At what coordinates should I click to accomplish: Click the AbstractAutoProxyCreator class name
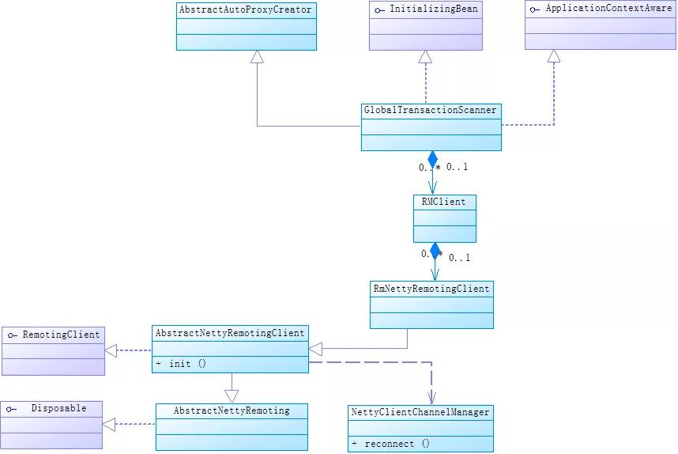coord(246,10)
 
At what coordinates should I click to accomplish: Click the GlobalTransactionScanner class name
coord(431,110)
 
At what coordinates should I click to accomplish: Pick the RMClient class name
coord(444,202)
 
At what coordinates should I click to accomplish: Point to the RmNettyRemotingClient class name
coord(431,289)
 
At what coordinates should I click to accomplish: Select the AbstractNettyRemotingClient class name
coord(229,333)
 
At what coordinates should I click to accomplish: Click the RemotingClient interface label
coord(61,335)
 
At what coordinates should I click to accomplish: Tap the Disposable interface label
coord(58,408)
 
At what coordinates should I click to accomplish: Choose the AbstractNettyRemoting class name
coord(231,410)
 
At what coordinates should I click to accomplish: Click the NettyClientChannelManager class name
coord(420,412)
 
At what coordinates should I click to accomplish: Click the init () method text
coord(186,364)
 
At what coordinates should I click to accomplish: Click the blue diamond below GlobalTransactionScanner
coord(432,159)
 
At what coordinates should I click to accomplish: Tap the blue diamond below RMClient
coord(434,251)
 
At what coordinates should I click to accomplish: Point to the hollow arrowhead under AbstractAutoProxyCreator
coord(257,56)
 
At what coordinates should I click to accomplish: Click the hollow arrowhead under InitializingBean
coord(425,56)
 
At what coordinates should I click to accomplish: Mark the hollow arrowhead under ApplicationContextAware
coord(554,56)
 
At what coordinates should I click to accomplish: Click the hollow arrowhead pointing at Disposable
coord(109,425)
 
